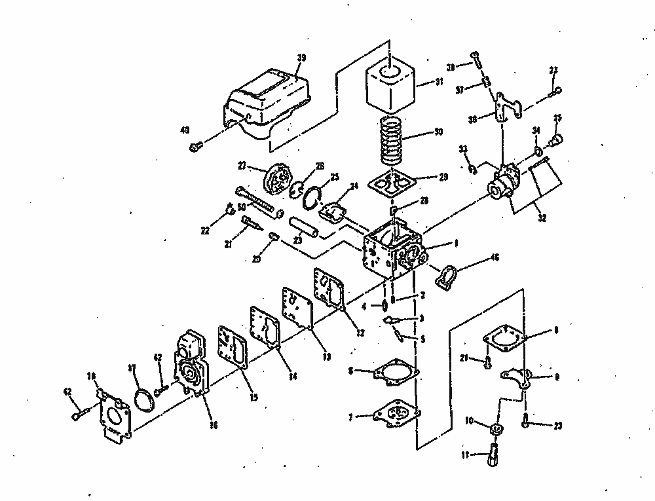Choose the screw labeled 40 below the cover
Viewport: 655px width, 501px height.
[x=195, y=147]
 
